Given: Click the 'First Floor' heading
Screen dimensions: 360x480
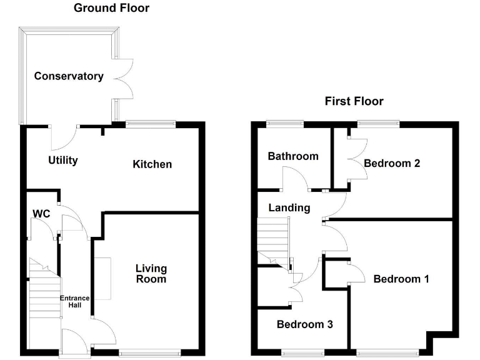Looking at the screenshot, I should point(354,101).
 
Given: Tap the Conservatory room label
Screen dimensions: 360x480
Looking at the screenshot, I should point(69,76).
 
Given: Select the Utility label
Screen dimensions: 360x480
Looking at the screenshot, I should point(63,161).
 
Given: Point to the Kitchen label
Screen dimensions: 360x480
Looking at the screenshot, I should point(152,164).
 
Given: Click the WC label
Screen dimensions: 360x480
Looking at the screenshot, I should point(41,214).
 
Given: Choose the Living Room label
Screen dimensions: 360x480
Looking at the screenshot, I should point(151,274).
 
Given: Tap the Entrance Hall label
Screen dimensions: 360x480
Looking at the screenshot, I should point(75,302).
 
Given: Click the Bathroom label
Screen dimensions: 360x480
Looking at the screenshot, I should point(293,156).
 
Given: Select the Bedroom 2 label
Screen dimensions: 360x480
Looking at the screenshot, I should point(392,164).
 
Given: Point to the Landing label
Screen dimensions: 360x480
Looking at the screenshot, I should point(289,207).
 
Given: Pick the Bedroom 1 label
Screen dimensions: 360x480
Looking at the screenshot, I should point(401,279).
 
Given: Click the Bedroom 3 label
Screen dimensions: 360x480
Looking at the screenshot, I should point(304,325).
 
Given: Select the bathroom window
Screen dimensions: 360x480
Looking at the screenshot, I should point(284,123).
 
